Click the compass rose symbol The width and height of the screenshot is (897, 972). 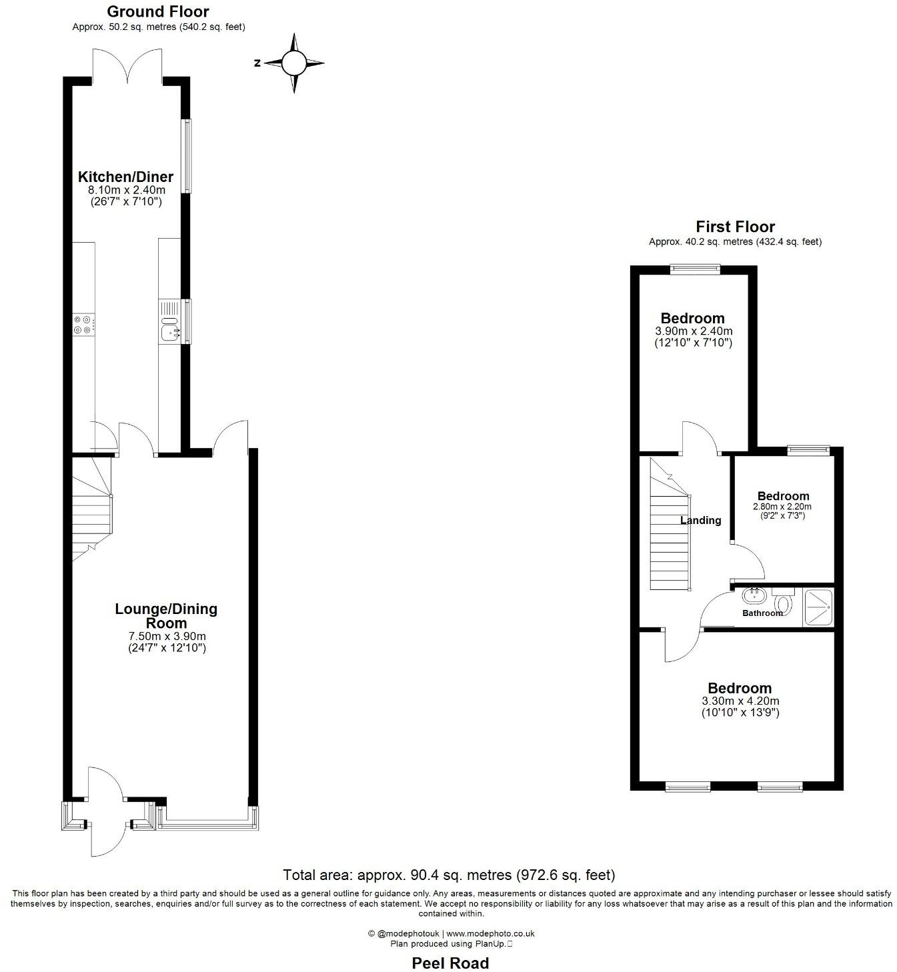point(293,63)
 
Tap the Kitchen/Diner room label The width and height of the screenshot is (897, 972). point(126,177)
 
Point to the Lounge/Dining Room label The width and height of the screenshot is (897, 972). point(166,616)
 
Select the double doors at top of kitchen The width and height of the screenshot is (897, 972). point(127,67)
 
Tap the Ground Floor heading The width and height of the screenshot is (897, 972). point(158,11)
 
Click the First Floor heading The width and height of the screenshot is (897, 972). point(735,227)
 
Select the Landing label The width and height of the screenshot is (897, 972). point(700,520)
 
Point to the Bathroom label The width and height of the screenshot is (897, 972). point(762,613)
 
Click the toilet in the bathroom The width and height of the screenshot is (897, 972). point(784,603)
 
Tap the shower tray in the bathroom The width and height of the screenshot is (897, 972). point(818,607)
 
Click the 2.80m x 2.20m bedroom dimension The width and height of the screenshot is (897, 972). point(783,506)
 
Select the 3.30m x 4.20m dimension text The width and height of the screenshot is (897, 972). point(740,701)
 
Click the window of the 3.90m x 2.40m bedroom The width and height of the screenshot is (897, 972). point(696,269)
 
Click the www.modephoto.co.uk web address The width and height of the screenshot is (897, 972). point(490,934)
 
